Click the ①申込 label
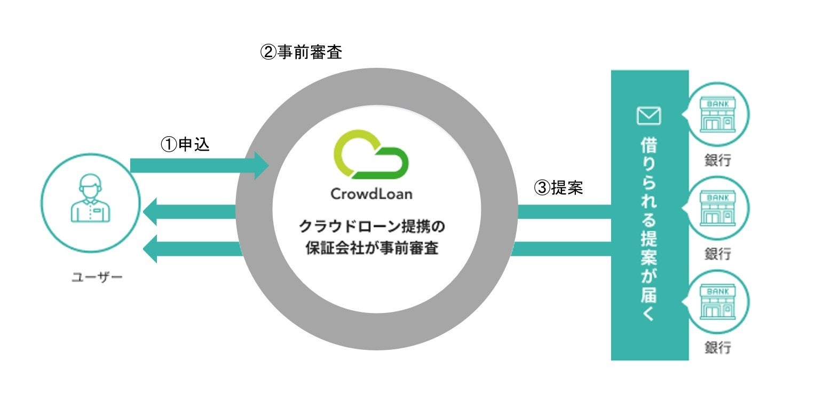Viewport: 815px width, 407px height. (185, 145)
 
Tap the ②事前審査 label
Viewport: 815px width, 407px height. (300, 52)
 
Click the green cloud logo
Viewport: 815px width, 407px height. (370, 155)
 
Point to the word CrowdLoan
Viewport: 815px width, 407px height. (371, 193)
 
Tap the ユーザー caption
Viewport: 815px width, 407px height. (97, 277)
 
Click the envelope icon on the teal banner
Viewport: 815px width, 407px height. (649, 115)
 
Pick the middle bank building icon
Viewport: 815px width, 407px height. (717, 209)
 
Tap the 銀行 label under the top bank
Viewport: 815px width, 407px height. (717, 160)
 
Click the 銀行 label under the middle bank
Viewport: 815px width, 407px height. (717, 254)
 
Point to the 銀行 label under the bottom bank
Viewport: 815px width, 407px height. (717, 348)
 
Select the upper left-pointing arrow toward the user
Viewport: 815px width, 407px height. (189, 212)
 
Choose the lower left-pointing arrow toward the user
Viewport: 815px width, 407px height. (189, 248)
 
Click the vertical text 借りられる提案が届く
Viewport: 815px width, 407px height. (649, 230)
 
